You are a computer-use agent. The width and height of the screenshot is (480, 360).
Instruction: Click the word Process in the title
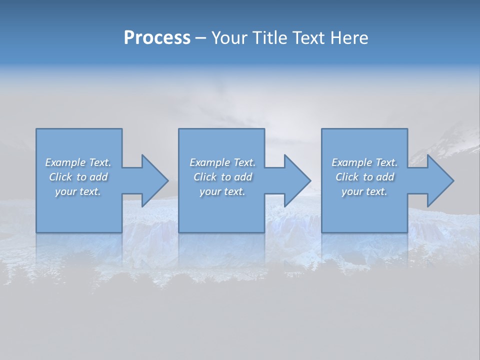pos(157,38)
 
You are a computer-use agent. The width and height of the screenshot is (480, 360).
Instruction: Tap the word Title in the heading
pos(270,38)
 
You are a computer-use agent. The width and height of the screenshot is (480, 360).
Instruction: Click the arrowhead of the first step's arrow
pos(154,180)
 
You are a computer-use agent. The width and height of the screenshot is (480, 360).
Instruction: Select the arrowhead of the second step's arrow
pos(297,180)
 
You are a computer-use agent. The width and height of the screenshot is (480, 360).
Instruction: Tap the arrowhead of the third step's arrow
pos(440,180)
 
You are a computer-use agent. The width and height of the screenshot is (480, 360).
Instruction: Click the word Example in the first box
pos(65,162)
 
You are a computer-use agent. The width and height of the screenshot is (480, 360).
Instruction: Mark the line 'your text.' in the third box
pos(364,191)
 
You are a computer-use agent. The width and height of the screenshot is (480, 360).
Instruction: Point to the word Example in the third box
pos(352,162)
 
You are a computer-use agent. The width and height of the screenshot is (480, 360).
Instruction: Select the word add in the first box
pos(98,177)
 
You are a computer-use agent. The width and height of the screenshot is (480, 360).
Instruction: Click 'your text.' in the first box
pos(77,191)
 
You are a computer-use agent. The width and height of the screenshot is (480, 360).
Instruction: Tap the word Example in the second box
pos(210,162)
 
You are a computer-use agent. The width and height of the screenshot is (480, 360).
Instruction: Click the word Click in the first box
pos(61,177)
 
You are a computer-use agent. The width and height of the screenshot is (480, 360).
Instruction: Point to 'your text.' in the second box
pos(222,191)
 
